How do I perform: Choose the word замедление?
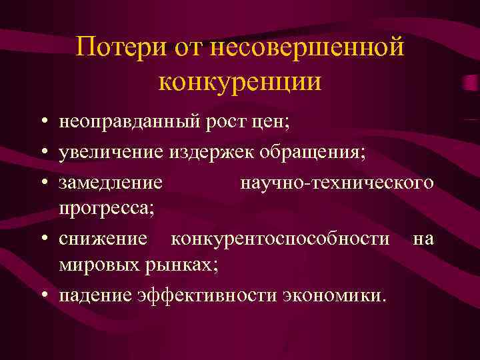tap(110, 181)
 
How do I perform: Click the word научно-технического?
tap(337, 181)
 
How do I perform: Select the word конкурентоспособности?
tap(281, 238)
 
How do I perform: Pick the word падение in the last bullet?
tap(94, 295)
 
